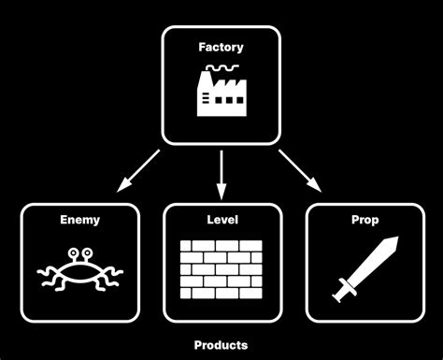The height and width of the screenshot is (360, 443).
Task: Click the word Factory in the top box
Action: click(x=221, y=46)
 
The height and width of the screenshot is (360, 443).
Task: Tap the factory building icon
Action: click(x=221, y=94)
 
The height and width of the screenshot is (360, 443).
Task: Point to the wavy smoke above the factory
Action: click(x=221, y=68)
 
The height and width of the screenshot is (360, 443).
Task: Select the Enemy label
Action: click(x=79, y=221)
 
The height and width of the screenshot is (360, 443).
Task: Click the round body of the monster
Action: click(x=79, y=267)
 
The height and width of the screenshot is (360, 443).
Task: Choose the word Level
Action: click(x=221, y=221)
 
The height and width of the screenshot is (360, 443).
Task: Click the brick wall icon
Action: click(x=221, y=266)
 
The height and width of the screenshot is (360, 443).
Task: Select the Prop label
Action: click(x=364, y=221)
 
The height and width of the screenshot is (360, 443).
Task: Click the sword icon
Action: click(x=364, y=268)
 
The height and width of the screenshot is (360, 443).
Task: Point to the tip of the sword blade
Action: click(x=396, y=239)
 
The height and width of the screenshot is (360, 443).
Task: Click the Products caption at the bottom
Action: click(x=221, y=345)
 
